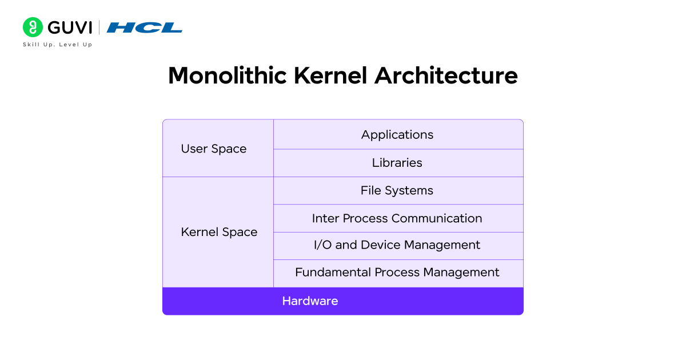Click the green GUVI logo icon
pyautogui.click(x=33, y=27)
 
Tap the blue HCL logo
pyautogui.click(x=145, y=27)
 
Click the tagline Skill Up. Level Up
pyautogui.click(x=57, y=45)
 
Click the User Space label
pyautogui.click(x=214, y=149)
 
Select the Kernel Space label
pyautogui.click(x=219, y=232)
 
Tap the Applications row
pyautogui.click(x=397, y=135)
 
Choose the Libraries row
pyautogui.click(x=397, y=163)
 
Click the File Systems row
pyautogui.click(x=397, y=190)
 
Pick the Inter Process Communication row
pyautogui.click(x=397, y=218)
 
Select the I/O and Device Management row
pyautogui.click(x=397, y=245)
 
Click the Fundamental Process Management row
pyautogui.click(x=397, y=273)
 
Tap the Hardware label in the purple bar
pyautogui.click(x=310, y=301)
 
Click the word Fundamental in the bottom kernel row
pyautogui.click(x=333, y=273)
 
